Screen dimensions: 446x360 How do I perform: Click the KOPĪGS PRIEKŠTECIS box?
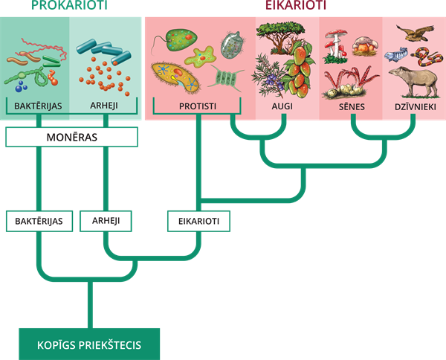coord(89,344)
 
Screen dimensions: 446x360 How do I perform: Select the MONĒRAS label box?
coord(71,137)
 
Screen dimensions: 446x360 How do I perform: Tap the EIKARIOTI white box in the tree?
coord(198,221)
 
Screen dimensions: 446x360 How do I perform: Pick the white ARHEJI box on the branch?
coord(106,221)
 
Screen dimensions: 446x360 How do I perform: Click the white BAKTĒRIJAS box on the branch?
coord(39,221)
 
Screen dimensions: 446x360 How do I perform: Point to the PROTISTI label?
coord(198,106)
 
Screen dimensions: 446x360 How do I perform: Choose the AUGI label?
coord(282,106)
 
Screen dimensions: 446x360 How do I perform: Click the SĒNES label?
coord(352,106)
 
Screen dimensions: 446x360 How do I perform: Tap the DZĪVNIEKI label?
coord(416,106)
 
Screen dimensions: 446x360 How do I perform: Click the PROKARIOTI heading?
coord(69,5)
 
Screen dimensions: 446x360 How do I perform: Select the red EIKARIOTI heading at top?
coord(296,5)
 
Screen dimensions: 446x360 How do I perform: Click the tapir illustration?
coord(413,81)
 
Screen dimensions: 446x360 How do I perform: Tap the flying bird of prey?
coord(416,33)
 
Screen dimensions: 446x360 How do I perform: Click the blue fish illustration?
coord(396,54)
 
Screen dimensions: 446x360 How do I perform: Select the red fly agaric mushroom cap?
coord(336,33)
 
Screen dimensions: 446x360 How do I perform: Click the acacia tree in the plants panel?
coord(280,36)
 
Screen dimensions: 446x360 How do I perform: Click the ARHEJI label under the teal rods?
coord(104,106)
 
